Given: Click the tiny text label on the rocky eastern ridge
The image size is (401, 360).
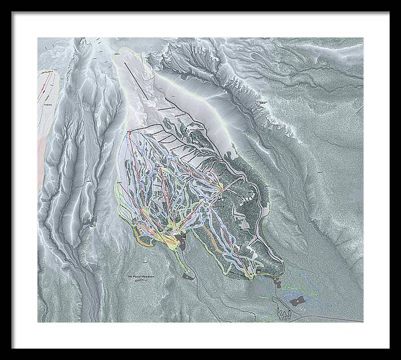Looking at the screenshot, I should (261, 102).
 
